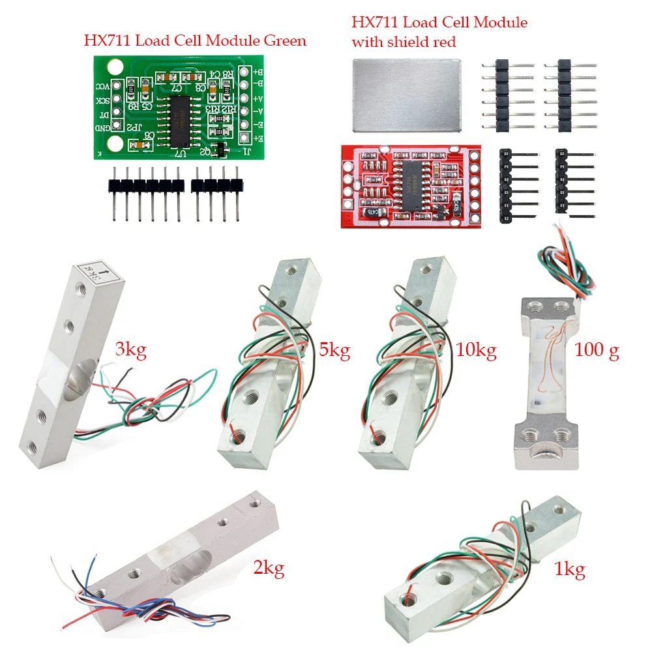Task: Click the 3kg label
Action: (x=130, y=350)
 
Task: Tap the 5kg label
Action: (x=334, y=351)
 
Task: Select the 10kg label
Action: (x=476, y=351)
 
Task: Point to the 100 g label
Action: (x=597, y=351)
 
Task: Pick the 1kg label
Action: (x=569, y=570)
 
